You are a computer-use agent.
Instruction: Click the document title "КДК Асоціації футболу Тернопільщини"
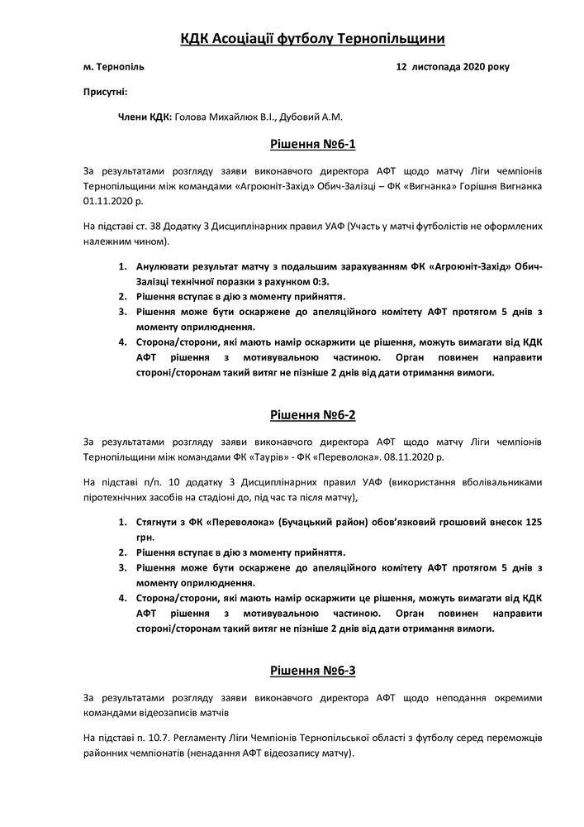click(x=292, y=39)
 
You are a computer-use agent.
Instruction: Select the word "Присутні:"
click(x=105, y=92)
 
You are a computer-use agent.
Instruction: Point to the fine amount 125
click(x=534, y=523)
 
